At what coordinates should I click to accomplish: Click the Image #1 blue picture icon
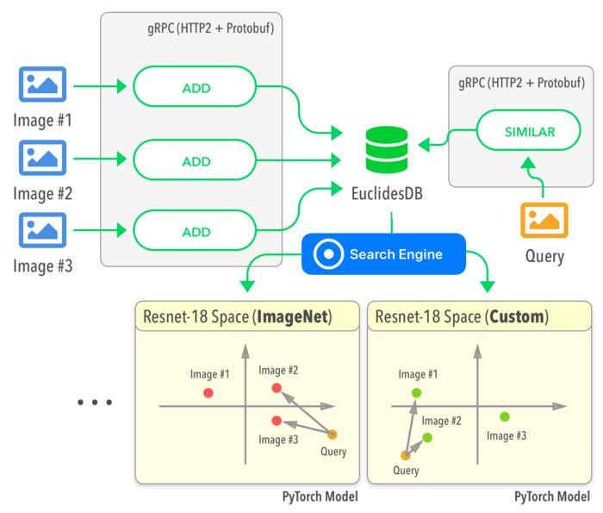point(42,85)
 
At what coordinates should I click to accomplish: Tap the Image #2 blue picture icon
point(42,158)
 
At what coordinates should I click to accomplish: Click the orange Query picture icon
point(544,220)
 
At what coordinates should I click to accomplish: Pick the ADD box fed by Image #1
point(196,88)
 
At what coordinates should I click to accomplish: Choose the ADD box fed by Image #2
point(196,161)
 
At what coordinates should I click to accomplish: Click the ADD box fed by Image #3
point(196,232)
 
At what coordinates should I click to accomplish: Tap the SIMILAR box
point(529,132)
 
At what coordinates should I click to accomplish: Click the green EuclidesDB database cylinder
point(386,150)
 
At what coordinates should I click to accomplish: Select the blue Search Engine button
point(383,254)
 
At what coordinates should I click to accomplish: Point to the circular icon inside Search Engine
point(328,254)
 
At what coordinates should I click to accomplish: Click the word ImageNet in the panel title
point(293,316)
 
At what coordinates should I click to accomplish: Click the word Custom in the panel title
point(517,316)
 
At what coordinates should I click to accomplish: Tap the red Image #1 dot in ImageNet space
point(208,392)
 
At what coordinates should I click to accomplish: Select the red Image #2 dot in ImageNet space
point(277,388)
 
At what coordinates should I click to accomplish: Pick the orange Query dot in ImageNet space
point(333,434)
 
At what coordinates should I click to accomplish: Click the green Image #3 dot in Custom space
point(505,416)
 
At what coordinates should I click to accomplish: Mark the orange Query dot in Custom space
point(405,454)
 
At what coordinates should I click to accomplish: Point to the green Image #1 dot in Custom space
point(416,393)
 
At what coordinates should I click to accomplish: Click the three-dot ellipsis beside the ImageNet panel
point(95,402)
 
